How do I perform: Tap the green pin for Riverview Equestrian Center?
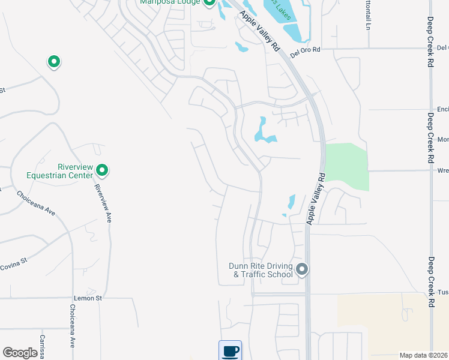click(x=102, y=171)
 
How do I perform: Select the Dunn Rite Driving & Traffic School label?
click(x=261, y=270)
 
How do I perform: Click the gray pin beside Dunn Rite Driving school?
click(x=302, y=269)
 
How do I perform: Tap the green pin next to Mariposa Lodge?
click(x=209, y=2)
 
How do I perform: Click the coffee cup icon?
click(x=230, y=350)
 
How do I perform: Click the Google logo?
click(x=20, y=353)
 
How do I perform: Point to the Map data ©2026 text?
click(x=423, y=355)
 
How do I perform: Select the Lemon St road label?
click(x=88, y=297)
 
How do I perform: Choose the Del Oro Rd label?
click(x=305, y=52)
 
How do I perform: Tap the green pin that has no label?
click(x=53, y=62)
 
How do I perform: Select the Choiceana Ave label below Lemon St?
click(x=72, y=326)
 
